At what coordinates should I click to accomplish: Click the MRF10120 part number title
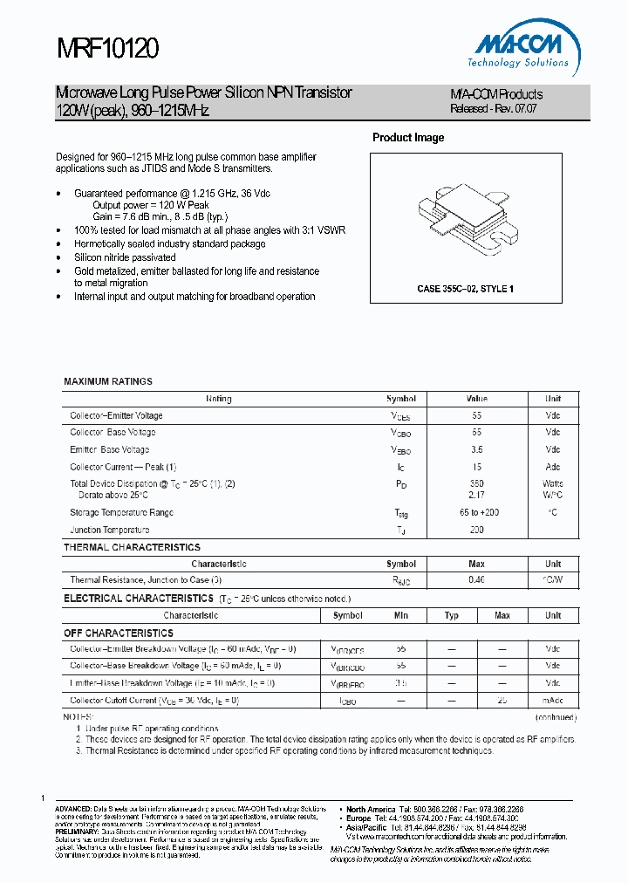(x=107, y=48)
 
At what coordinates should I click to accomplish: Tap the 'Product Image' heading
(x=408, y=138)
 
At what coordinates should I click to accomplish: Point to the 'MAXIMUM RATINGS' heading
(x=108, y=381)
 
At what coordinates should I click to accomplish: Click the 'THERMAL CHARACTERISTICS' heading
(x=132, y=547)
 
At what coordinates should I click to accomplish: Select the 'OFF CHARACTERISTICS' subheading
(x=119, y=633)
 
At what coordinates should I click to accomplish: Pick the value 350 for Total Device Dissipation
(x=477, y=483)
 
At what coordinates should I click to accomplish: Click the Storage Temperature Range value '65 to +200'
(x=477, y=512)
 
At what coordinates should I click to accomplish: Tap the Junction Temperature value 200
(x=477, y=530)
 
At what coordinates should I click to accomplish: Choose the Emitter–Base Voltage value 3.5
(x=477, y=450)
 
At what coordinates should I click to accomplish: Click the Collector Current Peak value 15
(x=477, y=467)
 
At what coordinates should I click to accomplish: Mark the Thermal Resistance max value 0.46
(x=477, y=579)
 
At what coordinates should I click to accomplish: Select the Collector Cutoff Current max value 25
(x=502, y=700)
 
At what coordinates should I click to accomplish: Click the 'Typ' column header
(x=452, y=616)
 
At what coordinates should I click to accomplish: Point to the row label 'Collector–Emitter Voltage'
(x=116, y=416)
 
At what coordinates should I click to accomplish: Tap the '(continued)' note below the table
(x=555, y=716)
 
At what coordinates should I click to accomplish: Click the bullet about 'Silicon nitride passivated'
(x=125, y=257)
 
